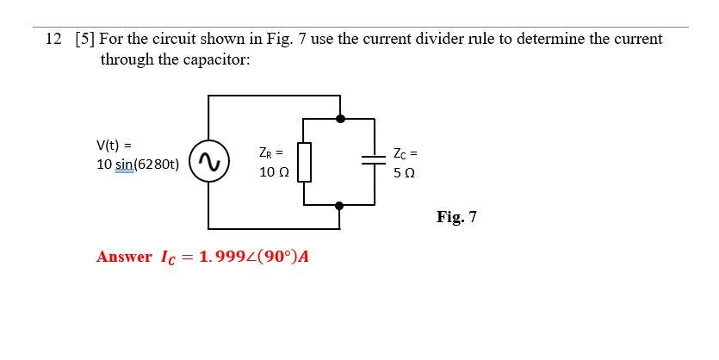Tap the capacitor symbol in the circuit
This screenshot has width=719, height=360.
point(374,159)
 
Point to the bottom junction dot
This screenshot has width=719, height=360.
point(340,206)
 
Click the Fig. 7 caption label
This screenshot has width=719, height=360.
point(456,217)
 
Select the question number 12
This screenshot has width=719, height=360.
point(53,40)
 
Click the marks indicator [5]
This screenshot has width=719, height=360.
point(84,40)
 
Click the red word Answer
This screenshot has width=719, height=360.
point(124,258)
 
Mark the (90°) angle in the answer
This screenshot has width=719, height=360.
point(272,258)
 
